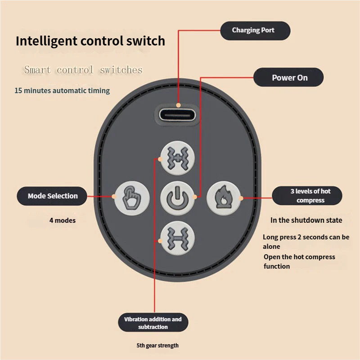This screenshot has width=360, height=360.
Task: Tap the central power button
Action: coord(177,197)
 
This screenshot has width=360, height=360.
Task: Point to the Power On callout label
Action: coord(289,77)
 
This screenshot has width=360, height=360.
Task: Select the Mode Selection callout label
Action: coord(52,196)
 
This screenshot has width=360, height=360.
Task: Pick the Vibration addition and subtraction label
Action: coord(153,323)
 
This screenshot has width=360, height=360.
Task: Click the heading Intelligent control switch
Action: coord(90,41)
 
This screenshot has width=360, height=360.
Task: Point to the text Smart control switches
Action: coord(83,70)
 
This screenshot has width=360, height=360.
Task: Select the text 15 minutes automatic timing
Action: coord(62,90)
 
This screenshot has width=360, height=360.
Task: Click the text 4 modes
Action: coord(62,220)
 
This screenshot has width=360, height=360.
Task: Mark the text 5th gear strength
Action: coord(157,346)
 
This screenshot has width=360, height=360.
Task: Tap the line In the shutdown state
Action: coord(306,220)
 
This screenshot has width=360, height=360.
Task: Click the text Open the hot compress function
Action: coord(299,261)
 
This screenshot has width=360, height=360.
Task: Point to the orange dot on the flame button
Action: coord(241,197)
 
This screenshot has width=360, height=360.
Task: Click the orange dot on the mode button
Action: coord(112,196)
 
